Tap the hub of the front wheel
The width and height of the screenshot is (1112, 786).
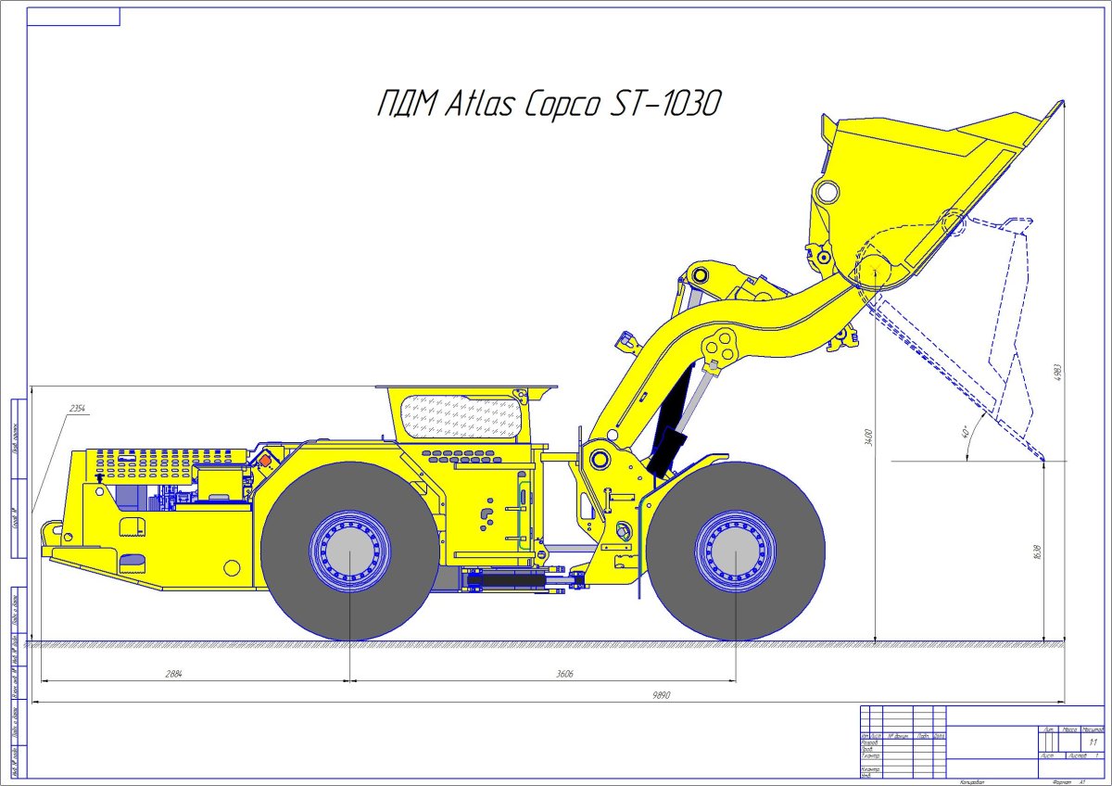(x=735, y=551)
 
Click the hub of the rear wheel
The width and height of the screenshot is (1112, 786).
(x=349, y=551)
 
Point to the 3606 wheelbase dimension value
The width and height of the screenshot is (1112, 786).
(x=565, y=674)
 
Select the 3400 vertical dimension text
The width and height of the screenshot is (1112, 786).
(x=868, y=436)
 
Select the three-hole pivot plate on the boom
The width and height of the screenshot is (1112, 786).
(x=719, y=347)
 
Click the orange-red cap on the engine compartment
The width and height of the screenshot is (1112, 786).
(x=266, y=459)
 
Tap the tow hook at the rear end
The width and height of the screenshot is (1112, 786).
(x=49, y=532)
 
